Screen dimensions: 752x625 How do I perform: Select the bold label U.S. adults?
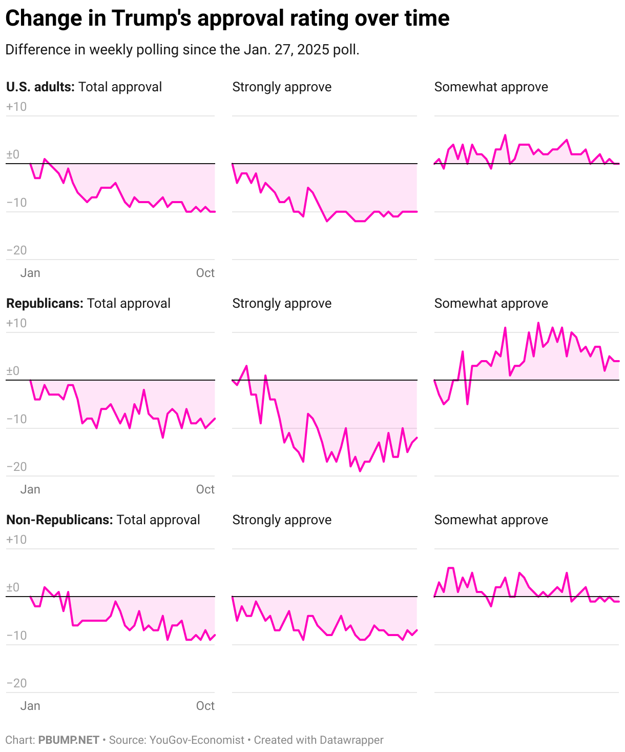pyautogui.click(x=40, y=87)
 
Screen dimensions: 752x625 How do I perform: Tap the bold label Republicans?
pyautogui.click(x=45, y=303)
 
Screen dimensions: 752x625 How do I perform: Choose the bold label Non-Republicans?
pyautogui.click(x=59, y=520)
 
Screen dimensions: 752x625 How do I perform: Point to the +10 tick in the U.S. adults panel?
pyautogui.click(x=16, y=107)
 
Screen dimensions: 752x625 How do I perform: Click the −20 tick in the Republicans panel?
pyautogui.click(x=16, y=467)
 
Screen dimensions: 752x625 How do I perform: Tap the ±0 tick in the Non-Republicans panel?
pyautogui.click(x=13, y=587)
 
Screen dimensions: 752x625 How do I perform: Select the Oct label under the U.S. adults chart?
pyautogui.click(x=205, y=273)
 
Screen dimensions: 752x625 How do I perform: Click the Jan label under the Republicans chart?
pyautogui.click(x=30, y=489)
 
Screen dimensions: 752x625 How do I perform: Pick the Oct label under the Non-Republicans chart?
pyautogui.click(x=205, y=706)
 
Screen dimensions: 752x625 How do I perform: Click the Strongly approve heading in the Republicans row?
pyautogui.click(x=282, y=303)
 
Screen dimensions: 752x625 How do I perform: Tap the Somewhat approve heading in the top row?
pyautogui.click(x=491, y=87)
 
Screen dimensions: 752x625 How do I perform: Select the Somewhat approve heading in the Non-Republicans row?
pyautogui.click(x=491, y=520)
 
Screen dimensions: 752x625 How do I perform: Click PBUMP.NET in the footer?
pyautogui.click(x=69, y=740)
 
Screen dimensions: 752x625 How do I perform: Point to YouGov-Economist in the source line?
pyautogui.click(x=197, y=740)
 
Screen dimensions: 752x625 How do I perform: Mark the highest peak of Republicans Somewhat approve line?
pyautogui.click(x=538, y=323)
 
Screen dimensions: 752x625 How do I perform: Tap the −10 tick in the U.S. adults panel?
pyautogui.click(x=16, y=203)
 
